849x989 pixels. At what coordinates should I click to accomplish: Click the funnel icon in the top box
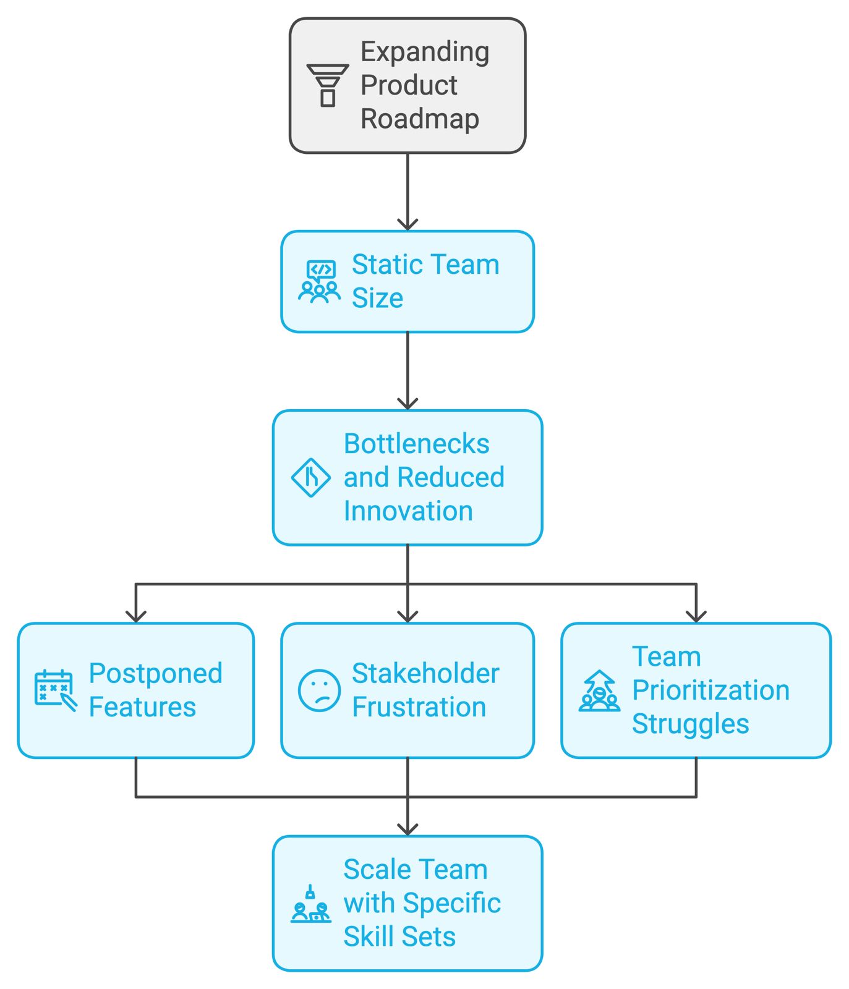point(328,85)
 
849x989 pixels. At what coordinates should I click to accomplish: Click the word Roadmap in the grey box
point(420,119)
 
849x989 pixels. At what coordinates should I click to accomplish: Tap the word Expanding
point(425,51)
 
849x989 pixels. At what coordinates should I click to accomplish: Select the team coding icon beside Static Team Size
point(319,282)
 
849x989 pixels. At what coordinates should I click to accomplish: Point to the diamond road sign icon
point(310,478)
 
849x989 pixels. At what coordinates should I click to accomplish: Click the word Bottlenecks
point(416,444)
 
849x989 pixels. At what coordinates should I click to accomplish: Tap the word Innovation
point(408,511)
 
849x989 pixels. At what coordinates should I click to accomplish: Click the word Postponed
point(155,673)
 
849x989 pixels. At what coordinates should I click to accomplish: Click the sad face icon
point(319,690)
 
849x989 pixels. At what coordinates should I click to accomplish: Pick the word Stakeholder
point(425,673)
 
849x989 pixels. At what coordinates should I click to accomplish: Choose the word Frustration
point(419,707)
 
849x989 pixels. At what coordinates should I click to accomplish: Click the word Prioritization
point(710,690)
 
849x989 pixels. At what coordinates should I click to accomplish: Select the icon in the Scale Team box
point(311,904)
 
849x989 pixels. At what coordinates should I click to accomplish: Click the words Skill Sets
point(399,936)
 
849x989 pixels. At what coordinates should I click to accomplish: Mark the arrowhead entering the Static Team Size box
point(407,224)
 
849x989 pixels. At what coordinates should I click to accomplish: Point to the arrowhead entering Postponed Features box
point(136,616)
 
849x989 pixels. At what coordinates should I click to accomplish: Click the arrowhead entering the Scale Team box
point(407,829)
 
